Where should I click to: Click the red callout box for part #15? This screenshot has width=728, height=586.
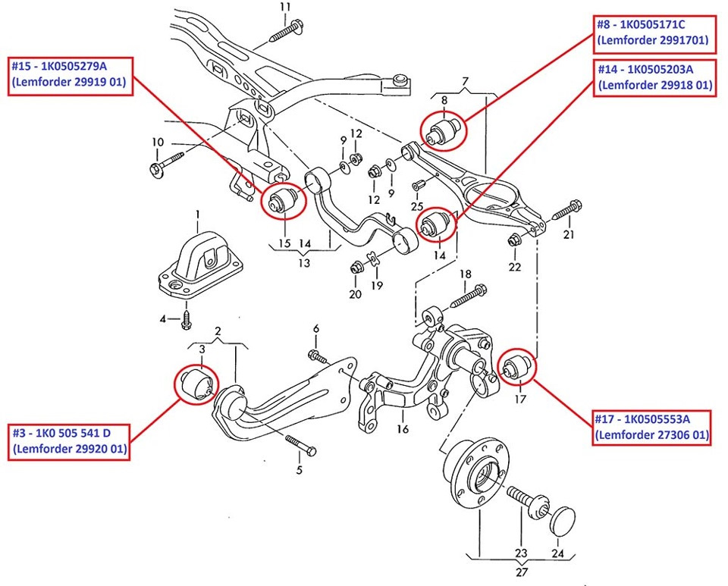(x=70, y=74)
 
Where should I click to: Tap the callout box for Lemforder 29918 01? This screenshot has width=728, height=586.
(x=654, y=77)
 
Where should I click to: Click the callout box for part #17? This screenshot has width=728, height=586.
(x=653, y=427)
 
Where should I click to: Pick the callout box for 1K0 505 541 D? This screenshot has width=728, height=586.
(x=70, y=442)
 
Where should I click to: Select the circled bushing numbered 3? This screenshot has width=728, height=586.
(x=197, y=384)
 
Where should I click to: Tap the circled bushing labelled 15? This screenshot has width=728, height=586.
(x=284, y=200)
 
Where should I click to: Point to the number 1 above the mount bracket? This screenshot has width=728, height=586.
(x=196, y=215)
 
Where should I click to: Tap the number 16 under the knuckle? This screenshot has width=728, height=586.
(x=402, y=429)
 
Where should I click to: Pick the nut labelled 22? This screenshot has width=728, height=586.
(x=513, y=242)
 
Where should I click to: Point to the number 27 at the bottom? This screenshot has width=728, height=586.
(x=522, y=573)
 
